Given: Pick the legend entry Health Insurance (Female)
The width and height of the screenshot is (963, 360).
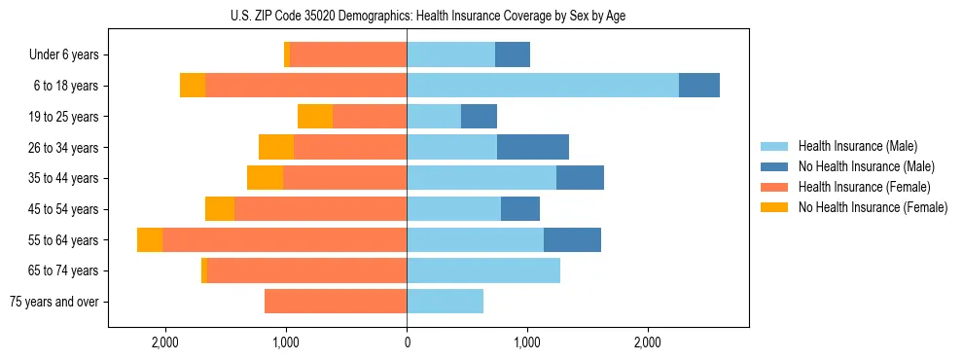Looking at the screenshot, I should [858, 187].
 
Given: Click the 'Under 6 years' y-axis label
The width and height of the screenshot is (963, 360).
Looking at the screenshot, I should [63, 55].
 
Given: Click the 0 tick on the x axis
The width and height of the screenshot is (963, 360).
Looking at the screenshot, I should [407, 342].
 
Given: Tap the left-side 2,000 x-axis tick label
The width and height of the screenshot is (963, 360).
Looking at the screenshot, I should [164, 342].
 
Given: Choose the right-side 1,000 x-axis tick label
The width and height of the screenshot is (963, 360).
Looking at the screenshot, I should [527, 342].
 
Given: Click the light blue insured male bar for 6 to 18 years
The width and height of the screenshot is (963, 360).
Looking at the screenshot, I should [542, 86].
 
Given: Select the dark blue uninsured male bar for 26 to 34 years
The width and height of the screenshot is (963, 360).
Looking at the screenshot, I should [532, 147].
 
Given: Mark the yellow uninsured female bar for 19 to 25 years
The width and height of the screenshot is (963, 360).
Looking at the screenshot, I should [315, 117].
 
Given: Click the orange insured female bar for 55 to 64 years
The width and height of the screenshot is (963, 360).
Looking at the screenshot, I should [284, 240].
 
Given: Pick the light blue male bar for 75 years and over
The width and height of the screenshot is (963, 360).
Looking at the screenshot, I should [445, 302].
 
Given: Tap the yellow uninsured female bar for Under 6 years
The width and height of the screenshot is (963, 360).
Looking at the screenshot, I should [287, 55].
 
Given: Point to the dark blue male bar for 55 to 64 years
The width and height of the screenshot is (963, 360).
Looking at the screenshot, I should [572, 240].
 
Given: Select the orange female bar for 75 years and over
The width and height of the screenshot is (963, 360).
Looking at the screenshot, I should [336, 302].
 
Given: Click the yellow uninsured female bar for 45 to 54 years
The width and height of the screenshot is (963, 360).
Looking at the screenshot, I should [220, 209].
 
